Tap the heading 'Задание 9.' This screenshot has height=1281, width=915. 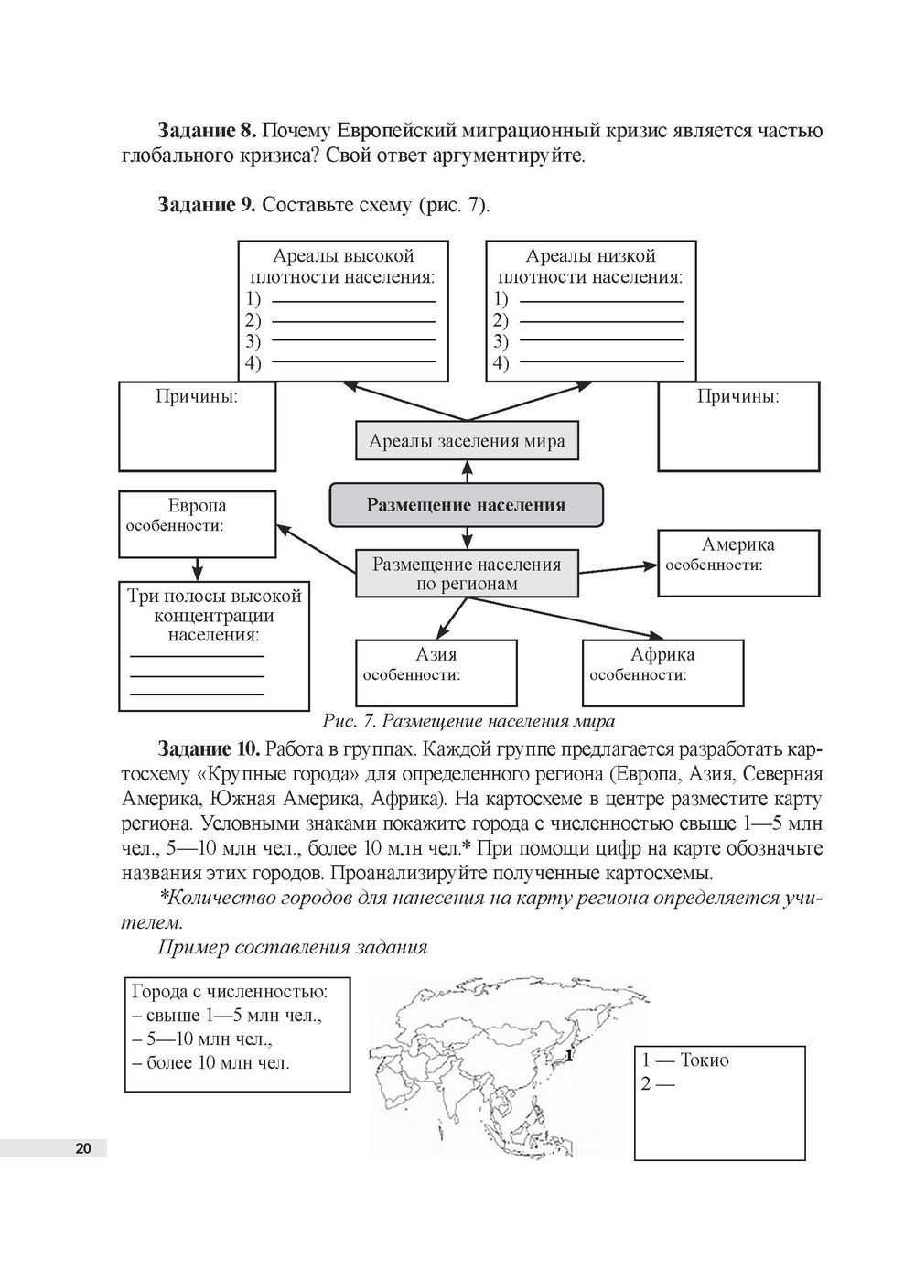tap(209, 204)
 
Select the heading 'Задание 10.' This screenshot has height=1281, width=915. tap(210, 749)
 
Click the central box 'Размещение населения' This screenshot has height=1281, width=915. tap(466, 505)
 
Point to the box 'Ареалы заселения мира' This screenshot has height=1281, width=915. tap(467, 441)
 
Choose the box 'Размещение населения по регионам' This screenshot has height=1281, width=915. tap(467, 574)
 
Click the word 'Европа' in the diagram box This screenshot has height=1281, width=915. tap(197, 506)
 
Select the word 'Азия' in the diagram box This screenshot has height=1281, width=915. tap(436, 654)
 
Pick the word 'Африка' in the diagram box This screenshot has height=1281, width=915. tap(662, 654)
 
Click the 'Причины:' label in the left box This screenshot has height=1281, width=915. tap(197, 397)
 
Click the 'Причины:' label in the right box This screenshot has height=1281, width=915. tap(738, 397)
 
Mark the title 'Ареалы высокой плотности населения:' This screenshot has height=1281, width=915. tap(342, 265)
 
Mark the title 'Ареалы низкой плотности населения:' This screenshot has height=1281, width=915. tap(590, 265)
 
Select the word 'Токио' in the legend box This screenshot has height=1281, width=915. tap(705, 1060)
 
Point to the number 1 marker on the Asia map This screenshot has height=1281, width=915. tap(569, 1056)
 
